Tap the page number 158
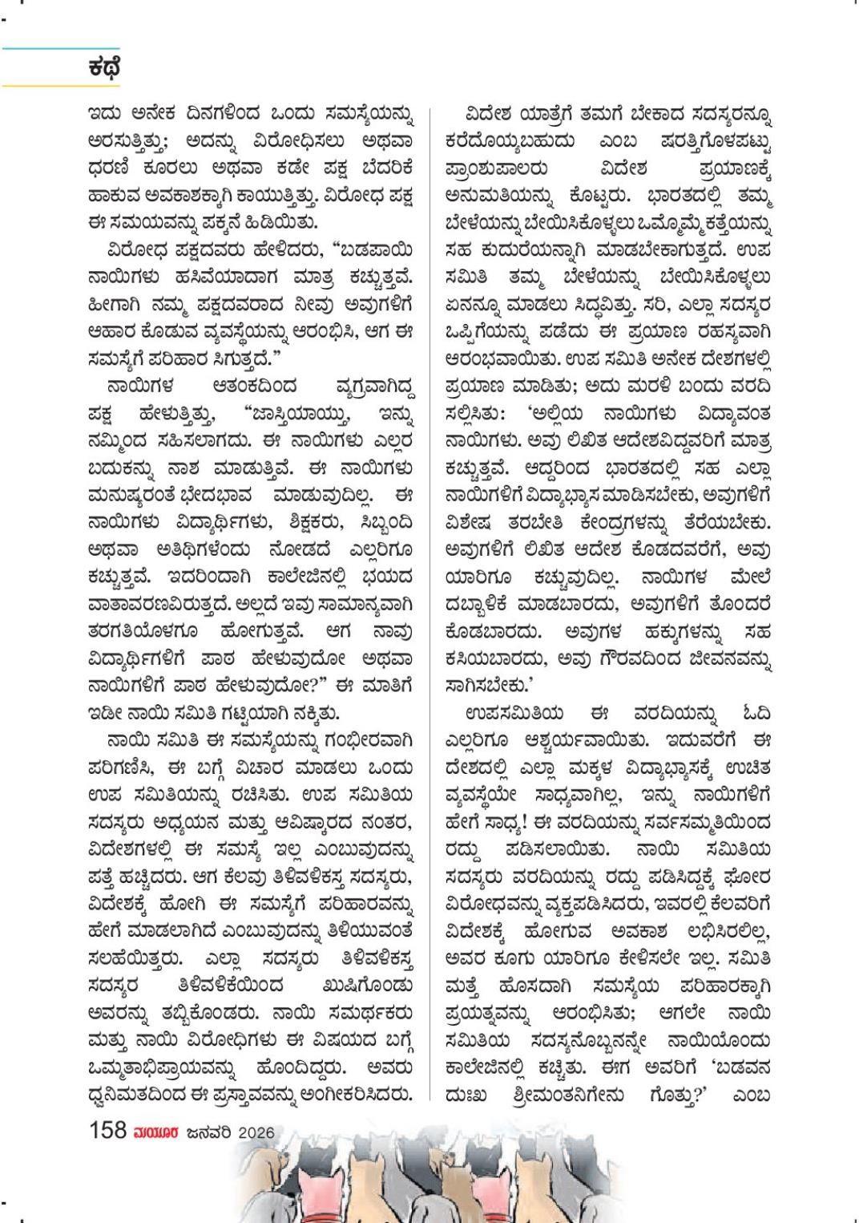pos(107,1130)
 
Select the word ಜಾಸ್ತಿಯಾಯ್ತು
pos(290,414)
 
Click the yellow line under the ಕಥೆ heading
pos(48,85)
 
